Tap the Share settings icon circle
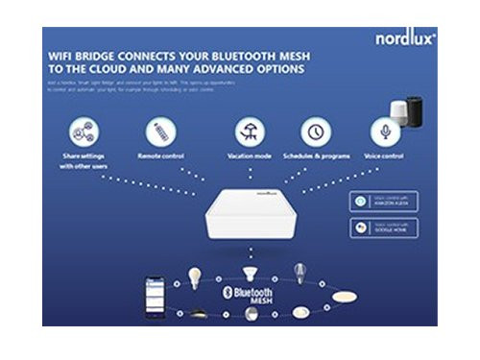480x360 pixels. pyautogui.click(x=84, y=132)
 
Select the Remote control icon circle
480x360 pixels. pyautogui.click(x=160, y=132)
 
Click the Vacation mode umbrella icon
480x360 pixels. pyautogui.click(x=250, y=132)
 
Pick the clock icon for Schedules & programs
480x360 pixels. pyautogui.click(x=315, y=132)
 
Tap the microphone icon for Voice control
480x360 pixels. pyautogui.click(x=384, y=132)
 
